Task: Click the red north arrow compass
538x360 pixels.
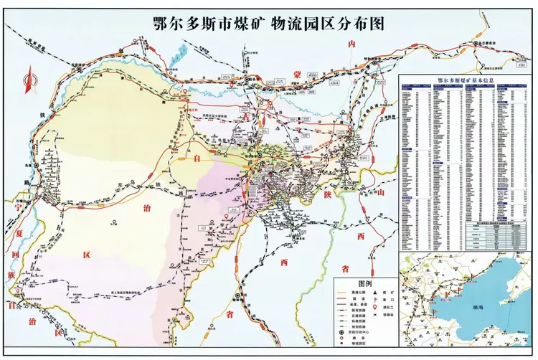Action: [x=29, y=80]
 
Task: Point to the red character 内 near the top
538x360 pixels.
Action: [x=351, y=44]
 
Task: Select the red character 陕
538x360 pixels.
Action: [x=326, y=194]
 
